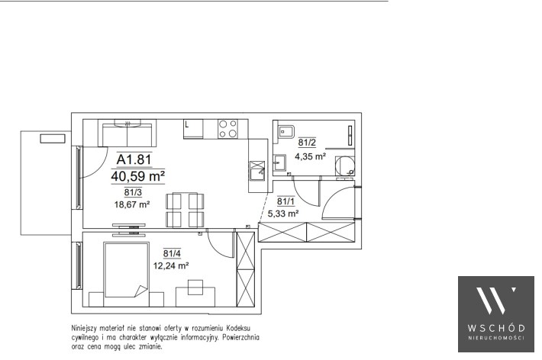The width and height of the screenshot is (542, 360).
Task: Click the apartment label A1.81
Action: [134, 159]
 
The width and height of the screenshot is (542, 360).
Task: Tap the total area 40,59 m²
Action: [137, 176]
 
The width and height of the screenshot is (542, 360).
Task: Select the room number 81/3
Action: [133, 192]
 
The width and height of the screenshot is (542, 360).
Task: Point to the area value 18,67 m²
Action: [132, 204]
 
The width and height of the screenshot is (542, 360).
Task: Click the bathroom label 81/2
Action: [307, 143]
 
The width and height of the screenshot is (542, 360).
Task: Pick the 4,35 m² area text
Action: [310, 156]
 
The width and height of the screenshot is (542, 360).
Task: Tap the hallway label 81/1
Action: [286, 201]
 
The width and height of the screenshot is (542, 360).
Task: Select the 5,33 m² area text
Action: [283, 214]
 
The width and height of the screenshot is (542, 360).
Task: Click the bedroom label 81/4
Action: [172, 253]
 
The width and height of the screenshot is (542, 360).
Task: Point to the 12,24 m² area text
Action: [171, 265]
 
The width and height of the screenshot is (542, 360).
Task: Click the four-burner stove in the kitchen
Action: [227, 129]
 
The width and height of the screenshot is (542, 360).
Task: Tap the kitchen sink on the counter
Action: [257, 171]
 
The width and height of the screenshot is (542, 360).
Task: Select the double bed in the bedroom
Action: [127, 270]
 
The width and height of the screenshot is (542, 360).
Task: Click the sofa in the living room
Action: [127, 133]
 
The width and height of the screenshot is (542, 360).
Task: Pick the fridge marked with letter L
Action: [193, 129]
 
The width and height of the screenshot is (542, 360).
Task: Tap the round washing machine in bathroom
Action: [345, 166]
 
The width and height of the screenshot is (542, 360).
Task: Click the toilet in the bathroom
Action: [285, 132]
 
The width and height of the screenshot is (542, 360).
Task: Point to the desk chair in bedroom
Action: [195, 287]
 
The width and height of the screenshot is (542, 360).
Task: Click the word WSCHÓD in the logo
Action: [496, 327]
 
